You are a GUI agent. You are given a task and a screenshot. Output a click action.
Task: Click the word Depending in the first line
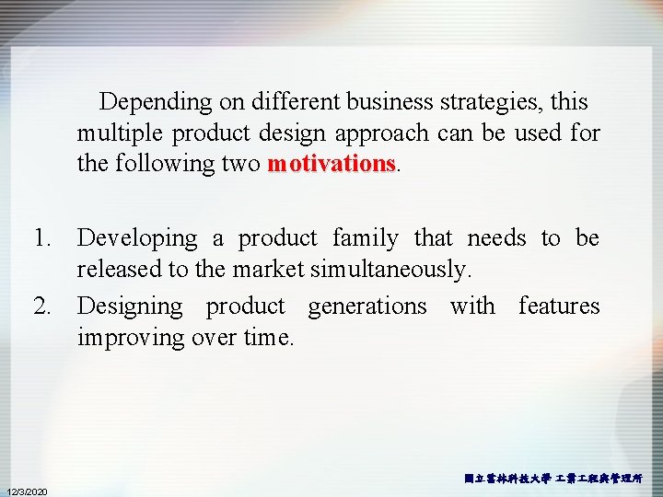point(156,102)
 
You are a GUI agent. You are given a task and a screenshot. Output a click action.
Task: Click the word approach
point(381,133)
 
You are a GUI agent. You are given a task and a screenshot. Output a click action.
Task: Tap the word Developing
point(137,238)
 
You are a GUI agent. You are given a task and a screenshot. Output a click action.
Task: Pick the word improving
point(127,338)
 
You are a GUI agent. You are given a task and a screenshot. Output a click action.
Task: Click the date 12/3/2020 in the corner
point(28,490)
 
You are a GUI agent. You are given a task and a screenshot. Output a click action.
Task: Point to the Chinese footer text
point(553,479)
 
